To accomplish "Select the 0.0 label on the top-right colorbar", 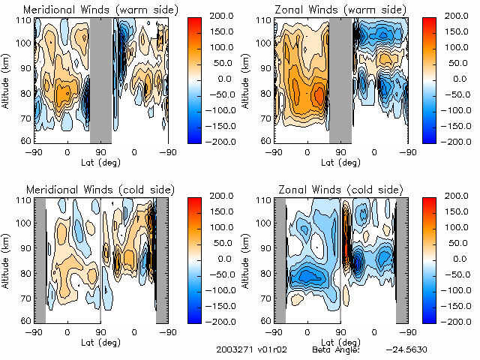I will [x=454, y=79].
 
